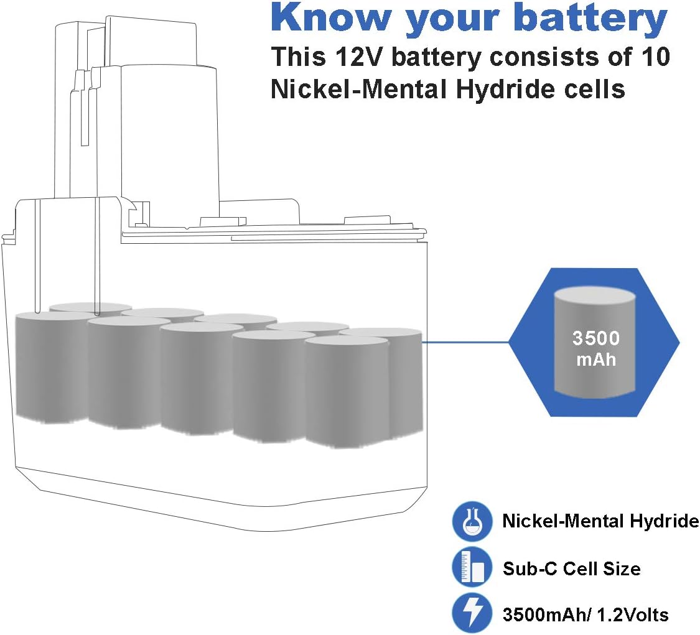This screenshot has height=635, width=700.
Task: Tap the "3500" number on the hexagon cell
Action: point(596,338)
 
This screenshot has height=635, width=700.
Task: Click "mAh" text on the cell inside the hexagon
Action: point(596,359)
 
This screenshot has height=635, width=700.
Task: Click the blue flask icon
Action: point(472,521)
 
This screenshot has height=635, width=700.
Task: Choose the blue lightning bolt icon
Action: point(472,612)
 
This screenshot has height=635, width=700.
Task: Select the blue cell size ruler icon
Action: point(472,567)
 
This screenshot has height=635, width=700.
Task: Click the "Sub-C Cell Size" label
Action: point(571,568)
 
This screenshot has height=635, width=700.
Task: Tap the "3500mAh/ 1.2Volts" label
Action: point(586,614)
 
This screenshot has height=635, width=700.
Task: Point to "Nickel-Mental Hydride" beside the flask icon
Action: point(600,521)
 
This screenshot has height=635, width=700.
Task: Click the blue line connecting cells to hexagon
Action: point(465,343)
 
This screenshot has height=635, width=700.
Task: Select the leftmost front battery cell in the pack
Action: point(52,368)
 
